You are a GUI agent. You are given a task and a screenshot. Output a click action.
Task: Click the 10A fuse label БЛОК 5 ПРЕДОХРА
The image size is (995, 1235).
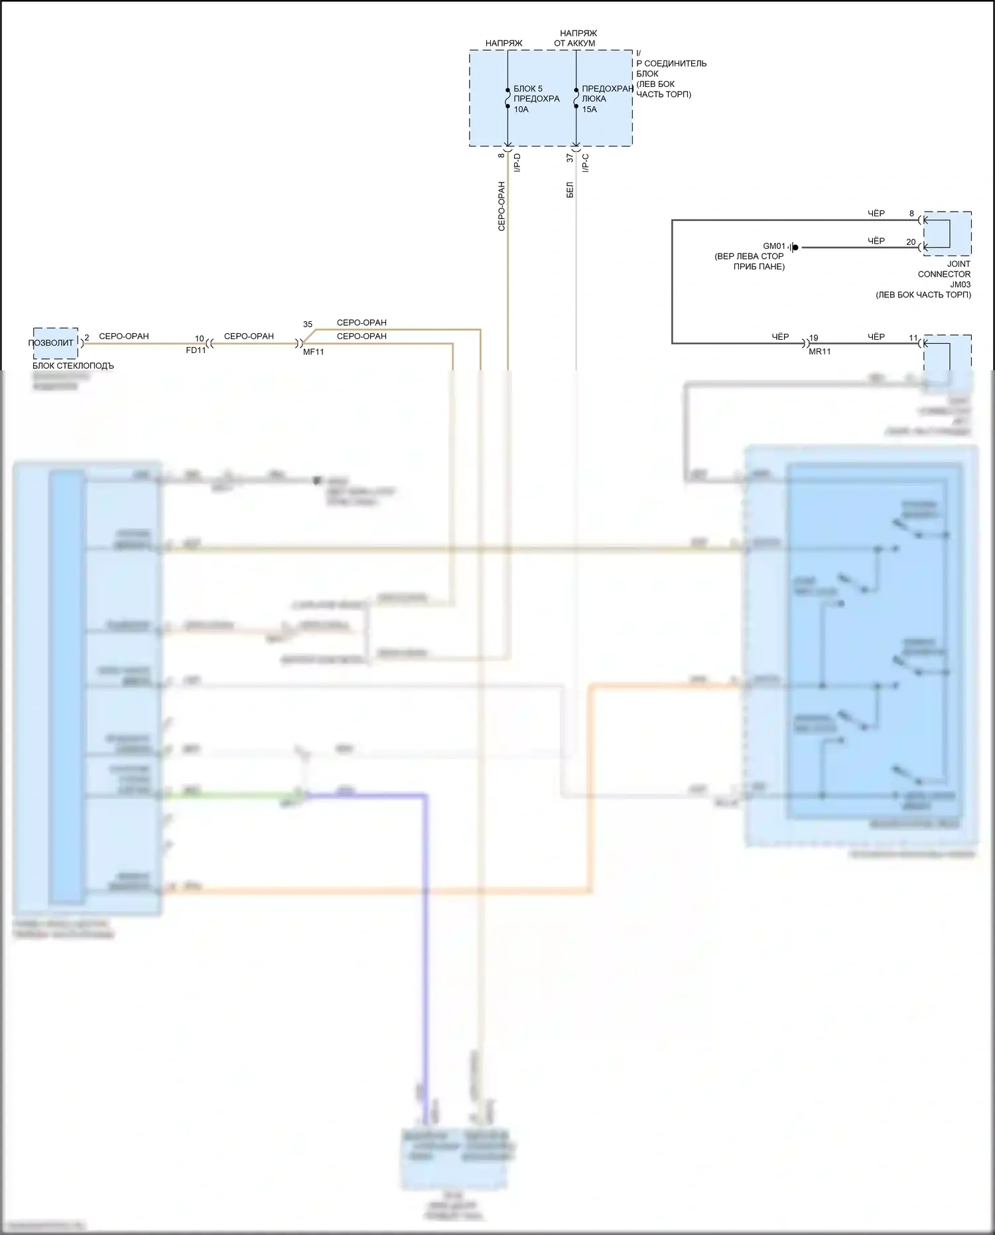[536, 99]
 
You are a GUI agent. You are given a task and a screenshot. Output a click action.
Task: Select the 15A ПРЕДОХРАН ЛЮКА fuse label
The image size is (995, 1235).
[606, 99]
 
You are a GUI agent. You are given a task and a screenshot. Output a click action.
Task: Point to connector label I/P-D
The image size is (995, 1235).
[517, 163]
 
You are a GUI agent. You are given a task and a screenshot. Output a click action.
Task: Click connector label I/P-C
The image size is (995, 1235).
[586, 163]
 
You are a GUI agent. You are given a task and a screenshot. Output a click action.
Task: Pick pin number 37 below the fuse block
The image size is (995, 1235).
[570, 158]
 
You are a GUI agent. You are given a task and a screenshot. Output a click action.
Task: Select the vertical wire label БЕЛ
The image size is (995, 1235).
[570, 190]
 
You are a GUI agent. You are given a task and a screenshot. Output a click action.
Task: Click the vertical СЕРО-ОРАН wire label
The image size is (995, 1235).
[501, 206]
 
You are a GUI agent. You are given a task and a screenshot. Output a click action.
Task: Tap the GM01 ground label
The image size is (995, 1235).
[773, 246]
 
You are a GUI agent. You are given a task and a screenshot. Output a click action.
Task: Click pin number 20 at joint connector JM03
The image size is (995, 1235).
[911, 242]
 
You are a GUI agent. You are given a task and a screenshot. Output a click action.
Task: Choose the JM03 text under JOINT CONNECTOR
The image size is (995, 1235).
[960, 285]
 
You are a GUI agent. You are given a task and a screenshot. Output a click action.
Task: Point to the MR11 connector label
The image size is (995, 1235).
[819, 352]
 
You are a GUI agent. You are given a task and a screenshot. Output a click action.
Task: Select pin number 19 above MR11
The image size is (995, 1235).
[814, 338]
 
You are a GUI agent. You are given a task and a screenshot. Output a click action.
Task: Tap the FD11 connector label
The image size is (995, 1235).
[196, 350]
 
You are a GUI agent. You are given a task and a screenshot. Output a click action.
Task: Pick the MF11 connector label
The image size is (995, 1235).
[314, 352]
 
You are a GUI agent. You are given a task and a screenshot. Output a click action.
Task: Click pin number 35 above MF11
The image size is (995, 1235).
[308, 325]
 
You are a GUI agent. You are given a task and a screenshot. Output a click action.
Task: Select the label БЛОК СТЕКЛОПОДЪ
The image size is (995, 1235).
[73, 366]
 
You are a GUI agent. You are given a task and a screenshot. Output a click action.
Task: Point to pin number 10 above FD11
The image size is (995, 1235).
[199, 338]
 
